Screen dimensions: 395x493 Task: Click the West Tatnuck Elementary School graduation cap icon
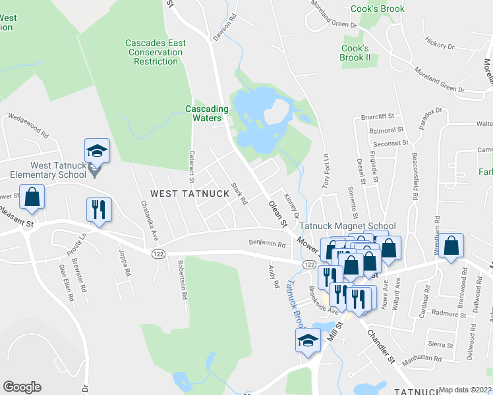click(x=97, y=151)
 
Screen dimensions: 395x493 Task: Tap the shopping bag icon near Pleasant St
click(x=32, y=196)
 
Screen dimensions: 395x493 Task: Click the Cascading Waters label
click(x=207, y=113)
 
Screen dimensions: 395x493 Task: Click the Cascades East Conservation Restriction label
click(x=156, y=52)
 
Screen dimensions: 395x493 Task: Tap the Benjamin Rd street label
click(x=267, y=244)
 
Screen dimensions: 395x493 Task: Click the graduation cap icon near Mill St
click(x=307, y=341)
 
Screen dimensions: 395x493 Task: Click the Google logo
click(x=22, y=387)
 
